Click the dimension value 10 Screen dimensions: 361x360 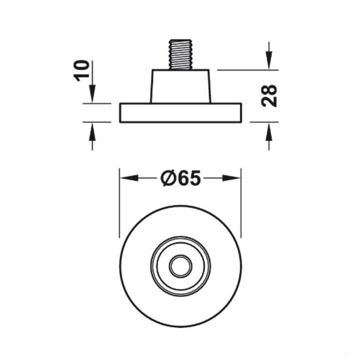point(82,70)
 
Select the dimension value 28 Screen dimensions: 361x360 point(270,95)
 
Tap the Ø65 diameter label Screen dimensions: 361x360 point(181,179)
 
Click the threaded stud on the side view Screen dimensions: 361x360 point(181,54)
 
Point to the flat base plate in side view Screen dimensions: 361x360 point(181,113)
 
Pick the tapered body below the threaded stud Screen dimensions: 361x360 point(181,86)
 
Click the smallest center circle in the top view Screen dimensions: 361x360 point(181,266)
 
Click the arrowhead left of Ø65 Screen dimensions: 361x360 point(129,178)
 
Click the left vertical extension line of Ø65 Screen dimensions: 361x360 point(120,204)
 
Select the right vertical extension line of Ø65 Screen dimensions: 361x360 point(241,204)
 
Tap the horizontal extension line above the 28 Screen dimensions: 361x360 point(246,70)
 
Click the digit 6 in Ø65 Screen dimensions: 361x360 point(183,179)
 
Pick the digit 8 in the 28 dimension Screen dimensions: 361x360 point(270,90)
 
